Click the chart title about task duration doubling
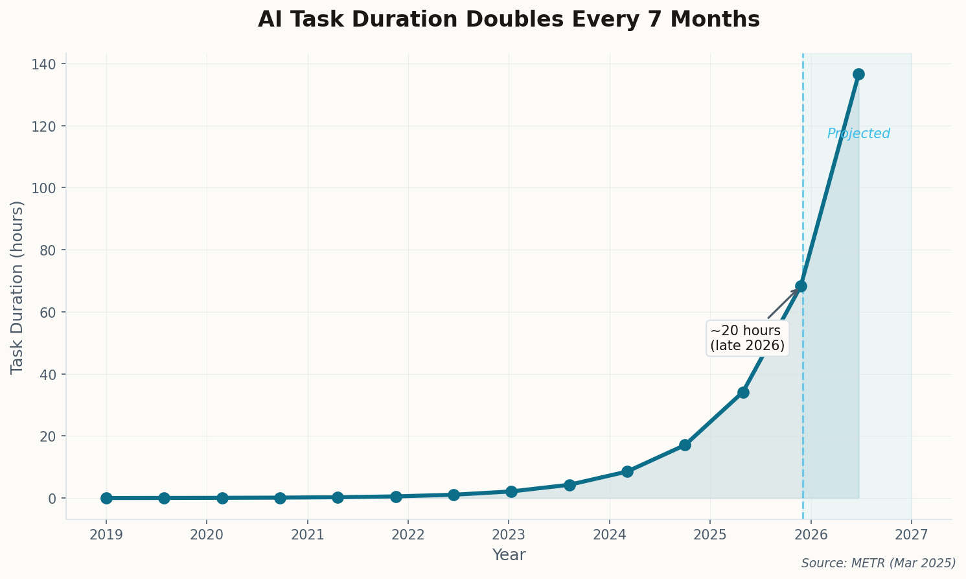click(509, 19)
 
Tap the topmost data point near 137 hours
click(858, 74)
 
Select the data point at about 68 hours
click(801, 286)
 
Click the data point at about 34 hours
click(743, 392)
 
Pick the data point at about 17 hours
click(685, 445)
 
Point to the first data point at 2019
click(106, 498)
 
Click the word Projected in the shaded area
click(858, 134)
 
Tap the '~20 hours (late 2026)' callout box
click(747, 338)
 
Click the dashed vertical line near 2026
click(803, 195)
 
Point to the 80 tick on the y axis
click(49, 250)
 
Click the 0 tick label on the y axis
click(52, 498)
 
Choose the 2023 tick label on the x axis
click(509, 535)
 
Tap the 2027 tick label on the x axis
click(912, 535)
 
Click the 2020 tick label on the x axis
click(207, 535)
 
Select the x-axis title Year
click(509, 555)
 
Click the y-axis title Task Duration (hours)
click(17, 287)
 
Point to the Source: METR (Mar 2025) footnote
click(879, 563)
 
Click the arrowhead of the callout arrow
click(796, 290)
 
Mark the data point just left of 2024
click(569, 485)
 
